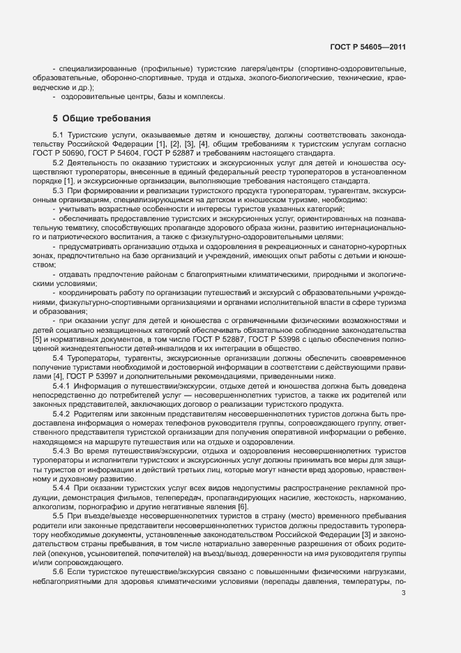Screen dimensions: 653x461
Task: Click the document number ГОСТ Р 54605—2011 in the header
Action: [367, 47]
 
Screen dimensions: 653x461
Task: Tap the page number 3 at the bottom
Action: [403, 613]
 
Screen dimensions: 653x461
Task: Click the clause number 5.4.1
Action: [61, 386]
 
